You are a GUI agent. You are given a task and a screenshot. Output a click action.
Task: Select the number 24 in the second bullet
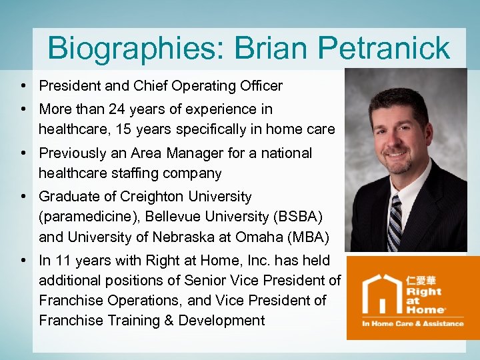(122, 109)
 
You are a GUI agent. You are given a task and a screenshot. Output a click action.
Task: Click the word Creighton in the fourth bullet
(153, 197)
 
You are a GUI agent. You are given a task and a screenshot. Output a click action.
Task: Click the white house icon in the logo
(381, 293)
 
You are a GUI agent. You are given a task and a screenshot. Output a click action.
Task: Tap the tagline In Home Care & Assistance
(412, 323)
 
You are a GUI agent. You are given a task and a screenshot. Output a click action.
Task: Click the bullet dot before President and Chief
(23, 87)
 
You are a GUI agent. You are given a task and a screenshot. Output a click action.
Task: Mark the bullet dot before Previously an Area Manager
(23, 153)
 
